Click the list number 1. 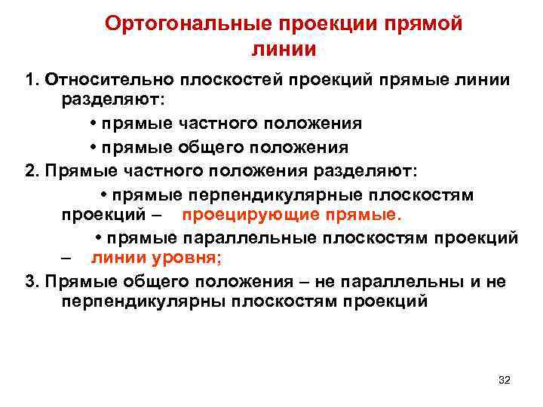point(30,80)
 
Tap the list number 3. point(30,282)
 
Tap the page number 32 point(505,380)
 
